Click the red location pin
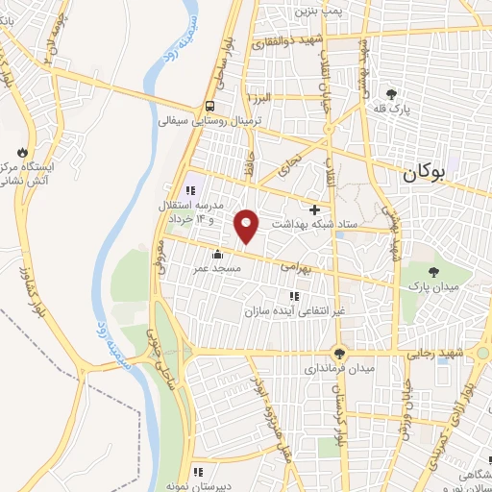[248, 224]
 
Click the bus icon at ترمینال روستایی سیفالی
[209, 107]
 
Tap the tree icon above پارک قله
[391, 93]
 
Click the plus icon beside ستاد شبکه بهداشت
[314, 209]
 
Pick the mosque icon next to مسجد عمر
[217, 254]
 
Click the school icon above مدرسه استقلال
[190, 189]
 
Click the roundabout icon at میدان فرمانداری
[338, 353]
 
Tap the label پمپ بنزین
[318, 11]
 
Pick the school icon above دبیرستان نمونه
[198, 471]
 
